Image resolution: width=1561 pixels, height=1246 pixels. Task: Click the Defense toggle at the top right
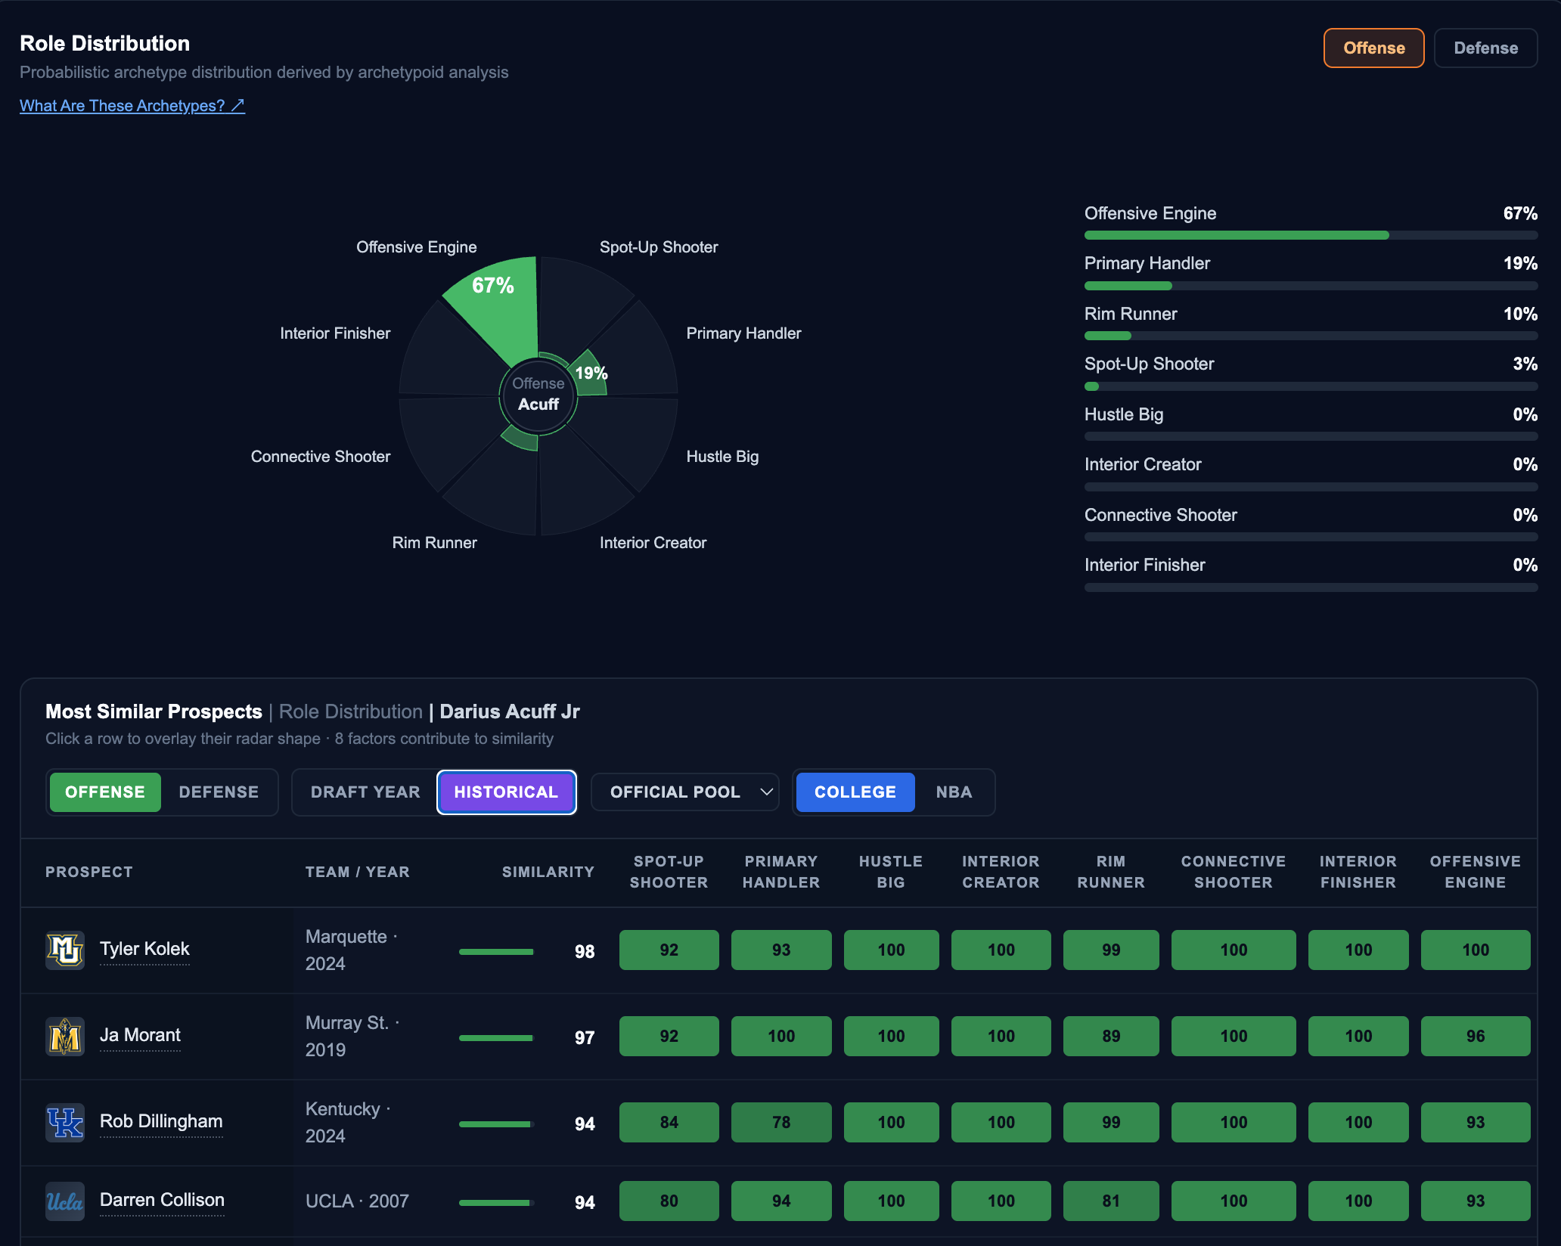coord(1485,48)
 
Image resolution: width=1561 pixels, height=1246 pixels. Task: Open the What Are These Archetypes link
coord(132,106)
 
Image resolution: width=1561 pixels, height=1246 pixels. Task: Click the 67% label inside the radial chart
coord(493,286)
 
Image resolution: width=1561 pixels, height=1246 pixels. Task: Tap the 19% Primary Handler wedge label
coord(591,373)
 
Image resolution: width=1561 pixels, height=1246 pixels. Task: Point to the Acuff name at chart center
coord(538,404)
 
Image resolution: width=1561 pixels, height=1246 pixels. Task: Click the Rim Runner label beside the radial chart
coord(434,543)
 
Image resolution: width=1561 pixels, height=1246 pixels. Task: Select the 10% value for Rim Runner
coord(1520,314)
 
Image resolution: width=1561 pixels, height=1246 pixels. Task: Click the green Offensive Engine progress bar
coord(1237,235)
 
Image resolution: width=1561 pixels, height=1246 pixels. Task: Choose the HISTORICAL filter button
coord(506,792)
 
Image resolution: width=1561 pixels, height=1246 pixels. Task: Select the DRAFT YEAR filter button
coord(365,792)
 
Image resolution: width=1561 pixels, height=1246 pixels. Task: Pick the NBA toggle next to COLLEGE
coord(954,792)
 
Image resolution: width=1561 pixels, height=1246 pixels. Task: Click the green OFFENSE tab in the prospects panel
coord(105,792)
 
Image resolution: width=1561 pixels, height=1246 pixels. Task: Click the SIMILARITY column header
coord(548,872)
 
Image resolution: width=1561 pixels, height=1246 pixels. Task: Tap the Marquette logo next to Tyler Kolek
coord(65,950)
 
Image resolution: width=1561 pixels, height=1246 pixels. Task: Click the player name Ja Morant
coord(140,1035)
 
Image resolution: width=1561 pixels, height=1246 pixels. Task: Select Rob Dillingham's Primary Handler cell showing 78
coord(781,1122)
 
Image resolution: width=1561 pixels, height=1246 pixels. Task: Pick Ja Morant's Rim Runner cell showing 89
coord(1111,1036)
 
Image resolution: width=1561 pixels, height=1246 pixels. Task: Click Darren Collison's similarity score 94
coord(585,1202)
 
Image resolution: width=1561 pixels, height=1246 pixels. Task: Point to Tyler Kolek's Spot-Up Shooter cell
coord(669,950)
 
